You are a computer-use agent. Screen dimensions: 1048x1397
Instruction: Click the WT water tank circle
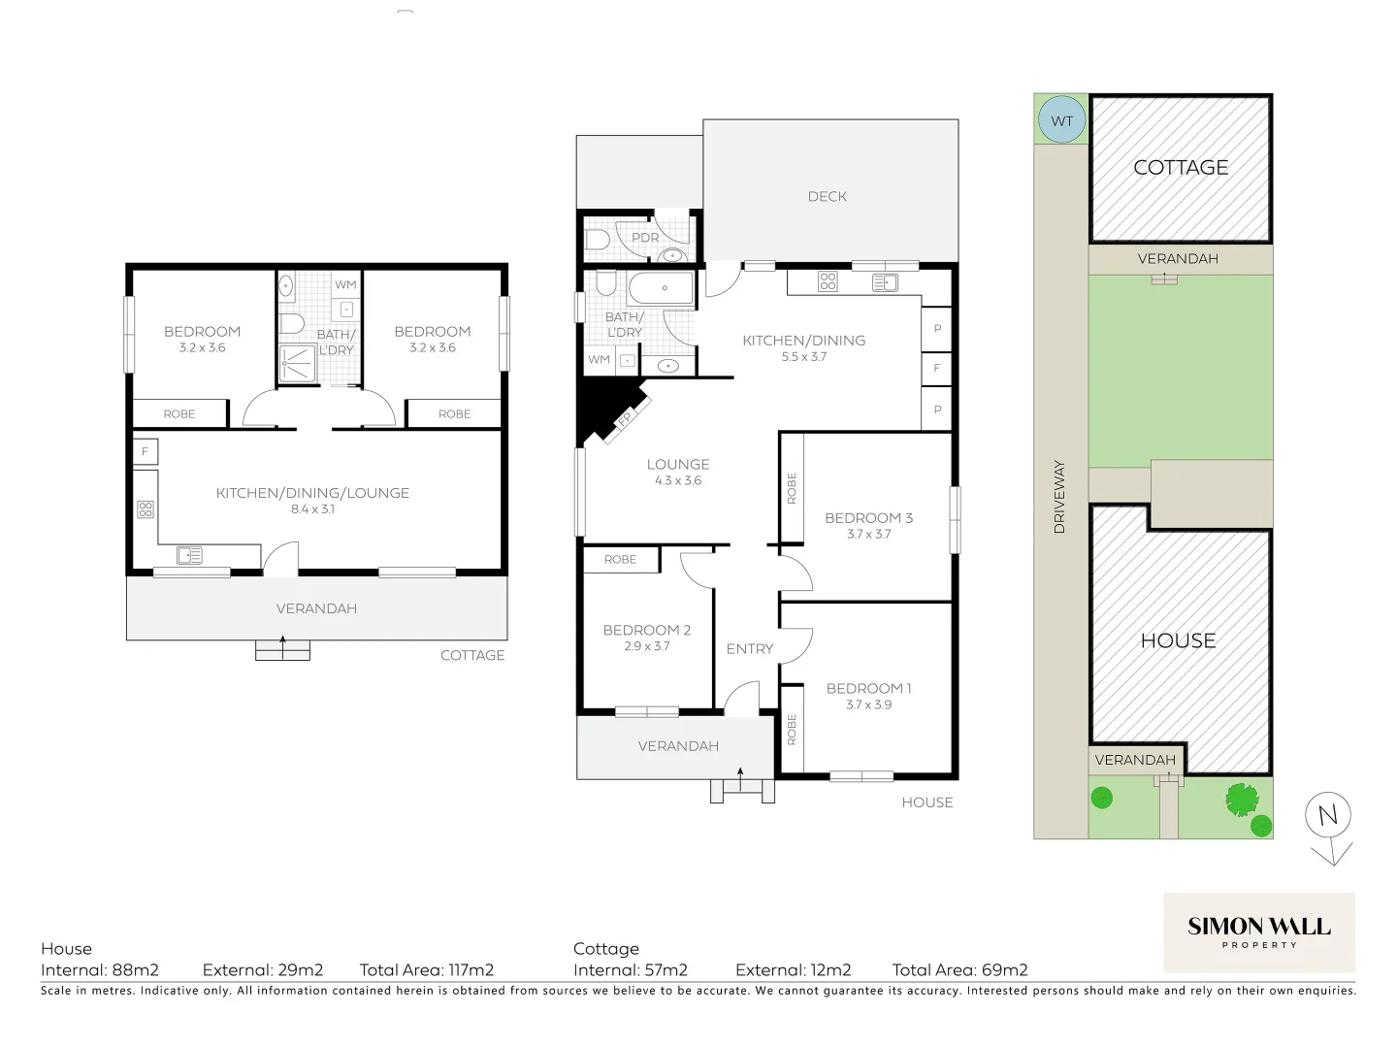pos(1062,121)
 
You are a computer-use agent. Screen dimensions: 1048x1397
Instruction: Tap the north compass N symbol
pos(1328,816)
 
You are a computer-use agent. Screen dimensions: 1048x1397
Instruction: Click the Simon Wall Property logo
pos(1258,932)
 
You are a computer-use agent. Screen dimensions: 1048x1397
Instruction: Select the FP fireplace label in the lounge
pos(625,419)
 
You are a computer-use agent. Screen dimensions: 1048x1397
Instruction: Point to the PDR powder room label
pos(645,238)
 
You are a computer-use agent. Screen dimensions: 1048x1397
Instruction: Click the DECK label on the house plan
pos(828,196)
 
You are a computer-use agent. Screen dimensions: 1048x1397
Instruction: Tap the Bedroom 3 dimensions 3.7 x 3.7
pos(868,534)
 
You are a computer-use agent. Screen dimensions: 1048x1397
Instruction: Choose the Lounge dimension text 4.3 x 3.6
pos(678,480)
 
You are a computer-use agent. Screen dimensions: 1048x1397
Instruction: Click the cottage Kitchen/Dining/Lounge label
pos(312,493)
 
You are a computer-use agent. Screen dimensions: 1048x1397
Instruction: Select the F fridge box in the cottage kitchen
pos(146,451)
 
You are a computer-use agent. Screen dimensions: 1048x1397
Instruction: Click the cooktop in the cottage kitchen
pos(146,508)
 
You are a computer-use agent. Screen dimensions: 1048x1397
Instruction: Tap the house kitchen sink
pos(884,282)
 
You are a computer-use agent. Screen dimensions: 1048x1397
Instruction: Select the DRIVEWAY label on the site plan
pos(1059,497)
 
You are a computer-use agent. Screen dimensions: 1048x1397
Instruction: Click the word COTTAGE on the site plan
pos(1181,168)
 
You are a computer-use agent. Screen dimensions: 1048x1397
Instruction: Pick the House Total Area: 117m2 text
pos(427,969)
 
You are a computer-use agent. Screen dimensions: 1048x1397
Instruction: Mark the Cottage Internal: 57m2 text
pos(631,969)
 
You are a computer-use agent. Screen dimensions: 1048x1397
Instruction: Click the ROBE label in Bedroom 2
pos(620,559)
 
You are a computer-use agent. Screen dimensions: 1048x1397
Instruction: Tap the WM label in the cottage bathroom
pos(345,284)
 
